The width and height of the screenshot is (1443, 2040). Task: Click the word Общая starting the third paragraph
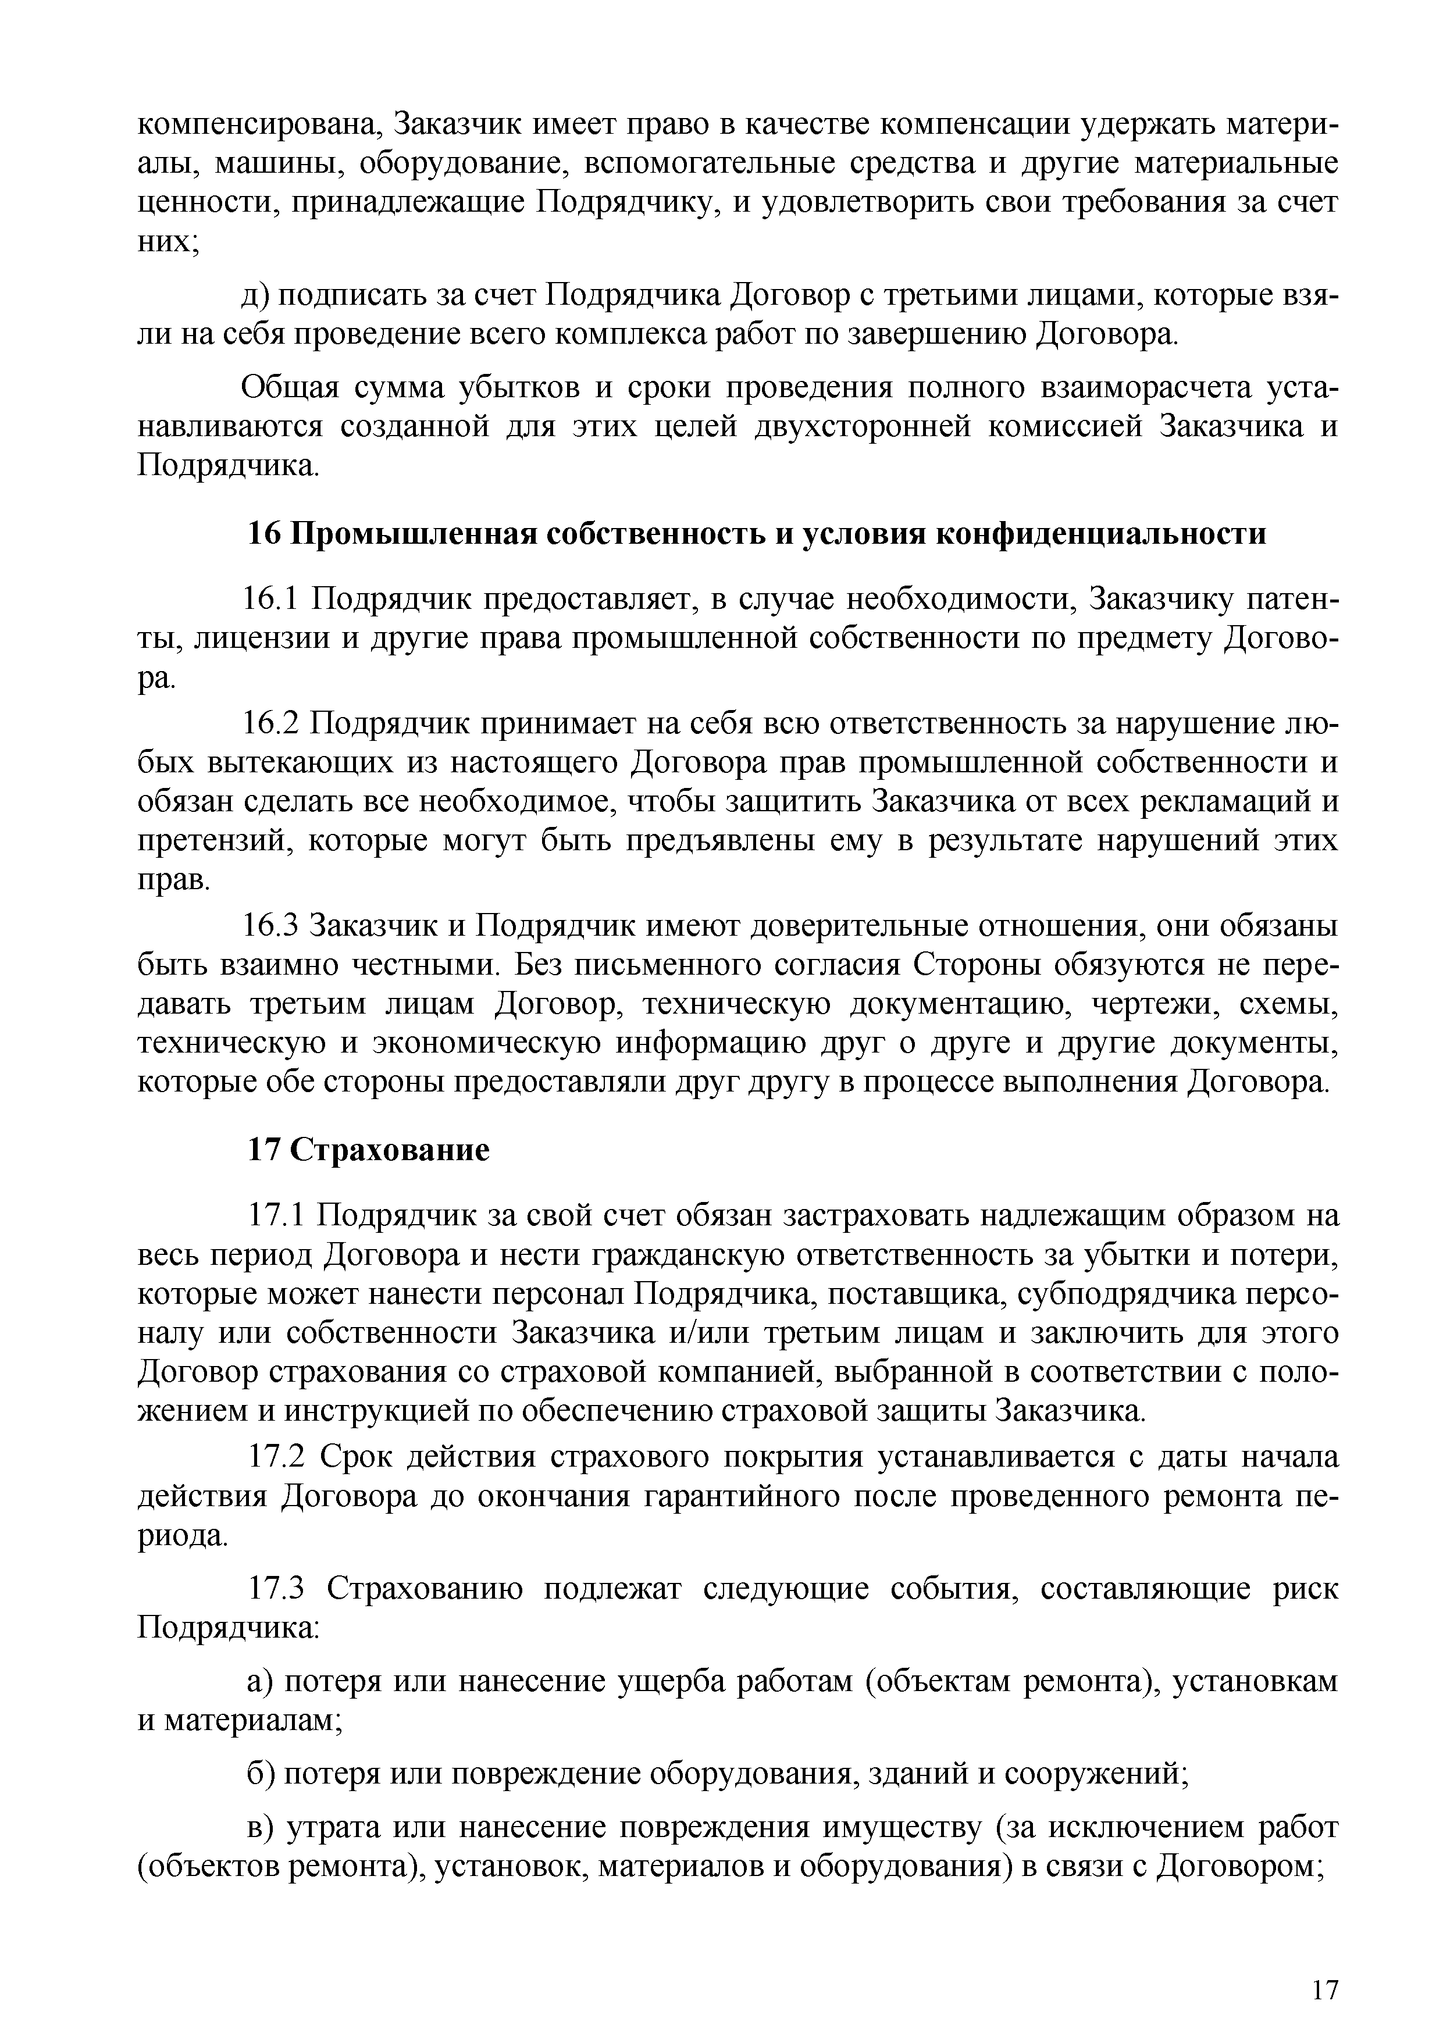tap(290, 388)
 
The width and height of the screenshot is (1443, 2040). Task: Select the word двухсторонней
tap(868, 427)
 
